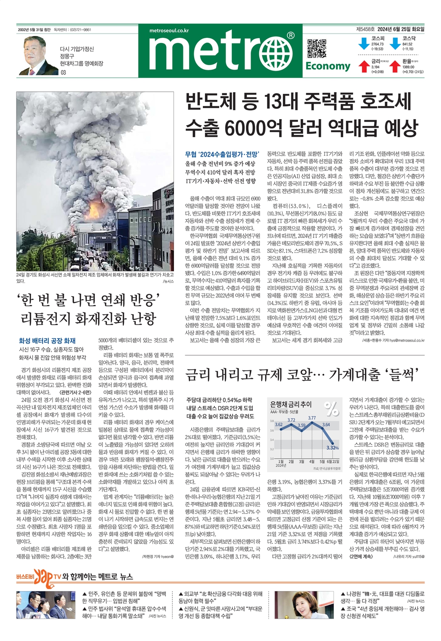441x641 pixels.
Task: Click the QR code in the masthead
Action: [x=317, y=48]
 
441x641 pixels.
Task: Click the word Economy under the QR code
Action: [x=328, y=66]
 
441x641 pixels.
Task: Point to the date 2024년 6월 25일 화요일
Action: [x=401, y=29]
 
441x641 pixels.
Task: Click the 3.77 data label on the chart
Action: [x=312, y=418]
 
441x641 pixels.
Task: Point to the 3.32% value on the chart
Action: [x=332, y=448]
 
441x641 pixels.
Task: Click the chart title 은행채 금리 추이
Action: [x=291, y=404]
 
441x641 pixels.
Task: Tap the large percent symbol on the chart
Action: [x=332, y=409]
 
